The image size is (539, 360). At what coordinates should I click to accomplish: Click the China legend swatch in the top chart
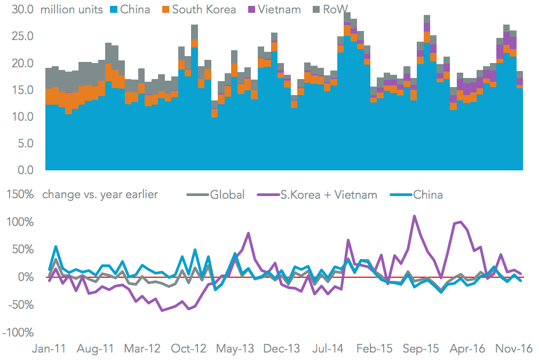click(114, 10)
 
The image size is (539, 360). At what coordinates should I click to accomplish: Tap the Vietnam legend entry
click(277, 10)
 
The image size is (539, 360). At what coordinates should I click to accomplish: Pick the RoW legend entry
click(331, 10)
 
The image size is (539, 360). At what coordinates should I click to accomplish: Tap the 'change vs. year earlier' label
click(100, 194)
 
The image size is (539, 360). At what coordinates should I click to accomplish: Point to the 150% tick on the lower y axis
click(19, 194)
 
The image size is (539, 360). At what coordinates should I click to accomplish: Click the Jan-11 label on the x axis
click(49, 349)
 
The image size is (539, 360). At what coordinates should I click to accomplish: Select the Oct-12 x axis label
click(188, 349)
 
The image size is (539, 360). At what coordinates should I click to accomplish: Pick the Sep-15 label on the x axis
click(421, 349)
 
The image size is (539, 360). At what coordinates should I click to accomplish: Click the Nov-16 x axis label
click(515, 349)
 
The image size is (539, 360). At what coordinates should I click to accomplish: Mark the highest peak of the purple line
click(414, 216)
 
